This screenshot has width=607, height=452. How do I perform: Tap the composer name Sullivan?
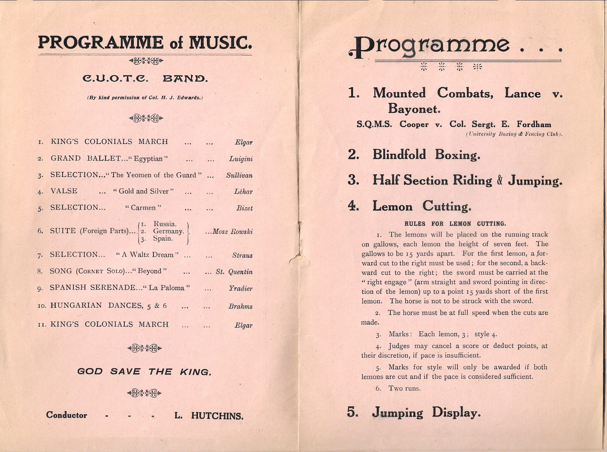(239, 176)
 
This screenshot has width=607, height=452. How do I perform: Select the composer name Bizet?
(244, 208)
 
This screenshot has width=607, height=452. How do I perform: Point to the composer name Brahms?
(240, 306)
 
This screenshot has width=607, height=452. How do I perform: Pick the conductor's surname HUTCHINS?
(217, 416)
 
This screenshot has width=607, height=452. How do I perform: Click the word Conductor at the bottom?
(66, 415)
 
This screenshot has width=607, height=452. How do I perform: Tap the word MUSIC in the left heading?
(220, 43)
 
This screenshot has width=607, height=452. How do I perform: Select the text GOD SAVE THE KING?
(144, 372)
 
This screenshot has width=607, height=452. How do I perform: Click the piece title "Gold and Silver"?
(143, 191)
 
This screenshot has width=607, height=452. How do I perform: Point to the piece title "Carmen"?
(143, 208)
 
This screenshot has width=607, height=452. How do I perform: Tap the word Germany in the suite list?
(168, 231)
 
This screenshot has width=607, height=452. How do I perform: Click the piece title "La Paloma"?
(166, 288)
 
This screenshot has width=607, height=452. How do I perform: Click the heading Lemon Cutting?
(422, 206)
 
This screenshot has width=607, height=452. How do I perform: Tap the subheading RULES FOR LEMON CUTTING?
(455, 224)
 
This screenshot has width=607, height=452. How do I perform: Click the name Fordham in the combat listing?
(534, 124)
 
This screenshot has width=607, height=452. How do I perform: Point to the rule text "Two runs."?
(405, 389)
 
